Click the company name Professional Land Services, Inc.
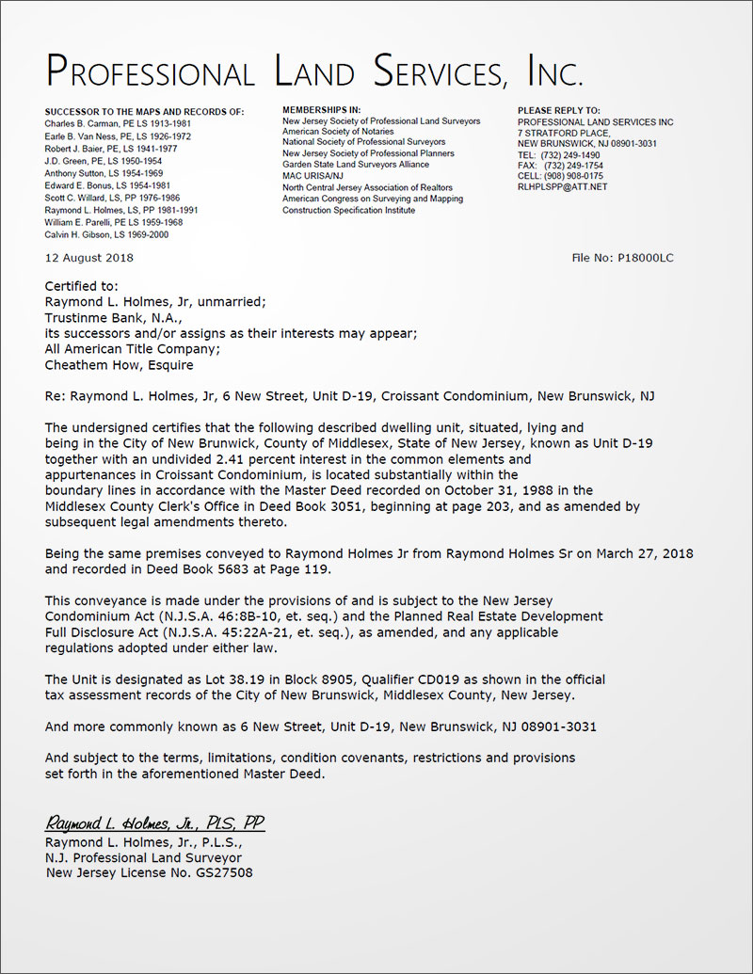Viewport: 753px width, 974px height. (314, 72)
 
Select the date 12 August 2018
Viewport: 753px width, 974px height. (89, 258)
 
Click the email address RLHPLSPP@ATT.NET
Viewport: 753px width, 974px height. (563, 187)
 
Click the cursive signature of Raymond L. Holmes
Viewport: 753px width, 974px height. (155, 823)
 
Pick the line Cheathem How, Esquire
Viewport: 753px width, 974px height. (120, 365)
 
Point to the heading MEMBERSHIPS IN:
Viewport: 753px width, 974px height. (321, 111)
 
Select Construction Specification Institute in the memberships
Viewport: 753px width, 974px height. (348, 209)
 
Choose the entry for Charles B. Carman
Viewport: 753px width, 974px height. (118, 122)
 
